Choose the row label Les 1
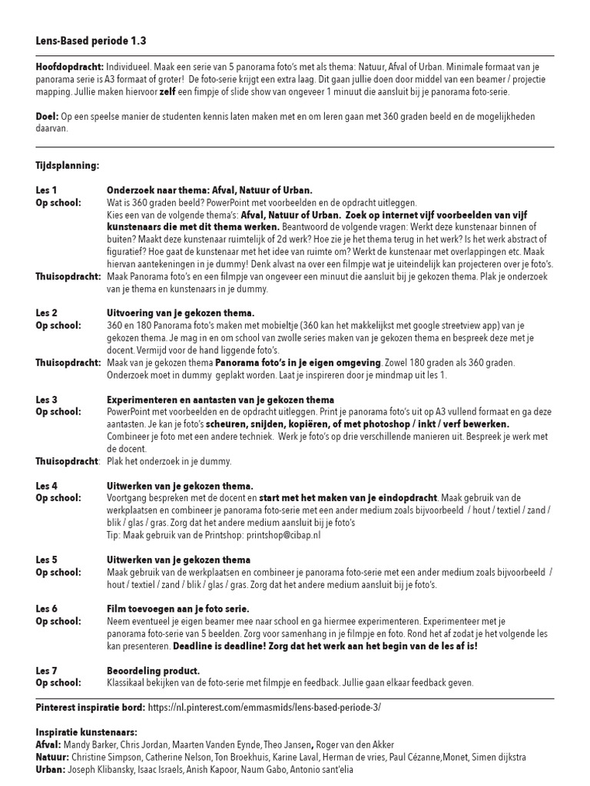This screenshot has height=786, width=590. click(46, 190)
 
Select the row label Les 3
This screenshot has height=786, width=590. click(46, 400)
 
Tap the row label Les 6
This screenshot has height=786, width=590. click(46, 609)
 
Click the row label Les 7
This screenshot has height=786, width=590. click(46, 671)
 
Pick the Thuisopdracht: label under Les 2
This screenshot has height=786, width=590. click(68, 362)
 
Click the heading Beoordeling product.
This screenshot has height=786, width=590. click(153, 671)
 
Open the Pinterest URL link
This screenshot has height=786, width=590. click(264, 705)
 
